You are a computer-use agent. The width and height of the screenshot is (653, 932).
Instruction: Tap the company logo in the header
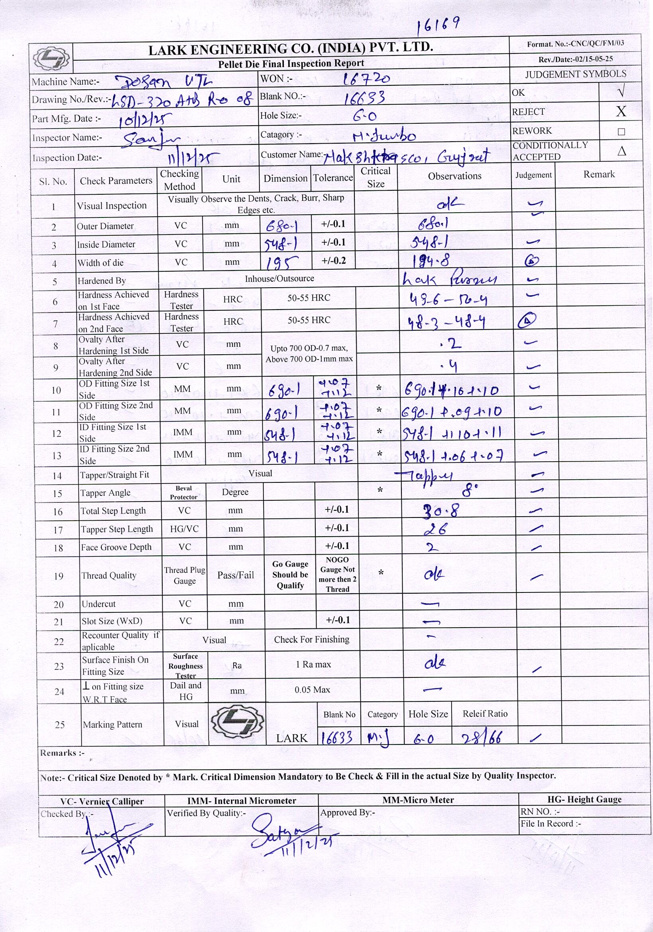click(x=51, y=58)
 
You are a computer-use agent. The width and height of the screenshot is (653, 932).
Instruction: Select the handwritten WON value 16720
click(x=366, y=78)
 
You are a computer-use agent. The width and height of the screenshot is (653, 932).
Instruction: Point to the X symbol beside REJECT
click(x=621, y=111)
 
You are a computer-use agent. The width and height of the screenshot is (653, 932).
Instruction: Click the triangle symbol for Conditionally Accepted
click(x=622, y=151)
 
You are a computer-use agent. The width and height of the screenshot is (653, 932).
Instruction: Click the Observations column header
click(x=454, y=176)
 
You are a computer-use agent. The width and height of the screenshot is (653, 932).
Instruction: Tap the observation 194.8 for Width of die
click(x=431, y=261)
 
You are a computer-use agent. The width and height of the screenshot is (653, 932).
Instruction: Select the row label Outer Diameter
click(x=105, y=226)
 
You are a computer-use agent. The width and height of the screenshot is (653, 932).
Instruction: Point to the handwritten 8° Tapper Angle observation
click(x=470, y=492)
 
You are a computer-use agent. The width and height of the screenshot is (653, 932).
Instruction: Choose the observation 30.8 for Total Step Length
click(x=441, y=510)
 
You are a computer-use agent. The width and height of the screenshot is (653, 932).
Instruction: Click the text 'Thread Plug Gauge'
click(x=185, y=575)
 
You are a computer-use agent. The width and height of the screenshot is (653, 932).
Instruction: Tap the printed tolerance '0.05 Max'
click(x=312, y=690)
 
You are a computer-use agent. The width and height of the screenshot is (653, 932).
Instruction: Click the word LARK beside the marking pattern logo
click(x=292, y=738)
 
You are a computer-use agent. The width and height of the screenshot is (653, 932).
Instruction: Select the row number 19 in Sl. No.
click(x=59, y=576)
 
